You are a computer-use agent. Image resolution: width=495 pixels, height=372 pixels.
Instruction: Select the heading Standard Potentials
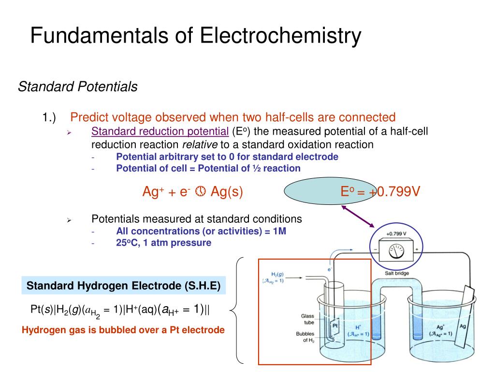pyautogui.click(x=78, y=87)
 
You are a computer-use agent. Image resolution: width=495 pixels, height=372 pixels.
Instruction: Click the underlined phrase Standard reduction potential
pyautogui.click(x=160, y=131)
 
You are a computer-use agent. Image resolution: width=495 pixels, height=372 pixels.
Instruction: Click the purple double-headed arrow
pyautogui.click(x=358, y=216)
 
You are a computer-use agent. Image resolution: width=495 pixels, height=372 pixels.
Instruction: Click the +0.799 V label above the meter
pyautogui.click(x=396, y=233)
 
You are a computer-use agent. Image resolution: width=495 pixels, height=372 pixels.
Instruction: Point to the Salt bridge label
pyautogui.click(x=397, y=273)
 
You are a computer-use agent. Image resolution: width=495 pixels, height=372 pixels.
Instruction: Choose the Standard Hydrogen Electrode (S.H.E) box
pyautogui.click(x=124, y=286)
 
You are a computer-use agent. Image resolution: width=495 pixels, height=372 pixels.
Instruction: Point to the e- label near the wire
pyautogui.click(x=330, y=268)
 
